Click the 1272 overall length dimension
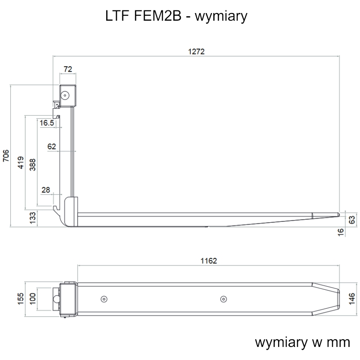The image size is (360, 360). [196, 51]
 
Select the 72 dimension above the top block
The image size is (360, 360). [68, 69]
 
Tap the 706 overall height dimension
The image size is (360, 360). [6, 156]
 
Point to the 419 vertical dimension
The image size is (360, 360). [21, 162]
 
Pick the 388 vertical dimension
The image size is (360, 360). [32, 165]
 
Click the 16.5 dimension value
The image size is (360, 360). [47, 123]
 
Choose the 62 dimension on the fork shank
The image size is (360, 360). [52, 147]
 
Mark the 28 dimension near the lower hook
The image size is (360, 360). [46, 190]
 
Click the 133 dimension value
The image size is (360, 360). [32, 218]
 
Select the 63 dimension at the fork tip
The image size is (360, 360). [352, 220]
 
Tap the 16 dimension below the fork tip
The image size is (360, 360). [341, 232]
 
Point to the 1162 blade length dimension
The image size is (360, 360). [209, 261]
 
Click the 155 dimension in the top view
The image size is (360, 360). [21, 299]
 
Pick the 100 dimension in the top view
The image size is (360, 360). [32, 299]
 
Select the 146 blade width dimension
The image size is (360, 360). [352, 299]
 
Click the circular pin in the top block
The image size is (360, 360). [65, 95]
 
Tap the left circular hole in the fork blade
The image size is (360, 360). [104, 299]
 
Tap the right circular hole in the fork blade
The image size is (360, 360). [223, 299]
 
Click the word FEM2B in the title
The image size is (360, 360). [157, 16]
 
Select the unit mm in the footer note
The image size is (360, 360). [338, 342]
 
